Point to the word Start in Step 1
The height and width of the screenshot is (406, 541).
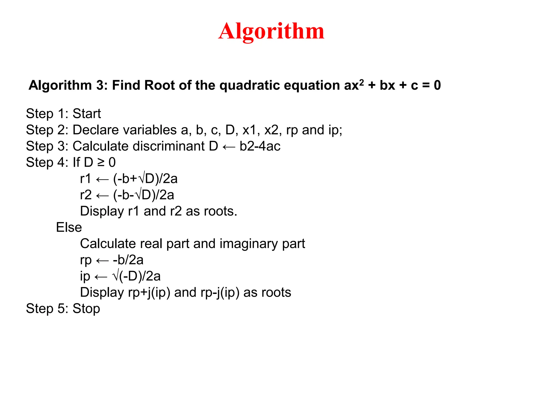click(87, 114)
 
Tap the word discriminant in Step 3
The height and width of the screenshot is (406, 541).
click(169, 146)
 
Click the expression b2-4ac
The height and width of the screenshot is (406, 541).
click(260, 146)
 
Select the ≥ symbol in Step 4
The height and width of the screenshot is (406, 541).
click(101, 163)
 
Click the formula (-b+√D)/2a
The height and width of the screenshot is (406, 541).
click(145, 179)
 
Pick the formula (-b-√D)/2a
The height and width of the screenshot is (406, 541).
click(144, 195)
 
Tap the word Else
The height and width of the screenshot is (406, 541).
click(69, 227)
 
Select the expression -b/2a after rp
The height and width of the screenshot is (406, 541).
click(128, 260)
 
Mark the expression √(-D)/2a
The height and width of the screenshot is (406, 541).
click(136, 276)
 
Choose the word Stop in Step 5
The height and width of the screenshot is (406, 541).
click(86, 309)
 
